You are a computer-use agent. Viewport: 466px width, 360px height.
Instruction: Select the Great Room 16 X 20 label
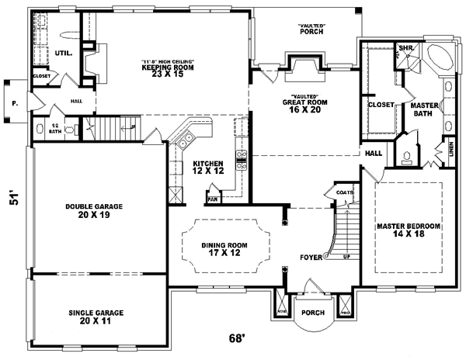(304, 106)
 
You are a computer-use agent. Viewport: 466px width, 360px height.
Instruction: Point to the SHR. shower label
(405, 48)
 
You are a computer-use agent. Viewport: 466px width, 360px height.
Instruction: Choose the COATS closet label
(344, 192)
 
